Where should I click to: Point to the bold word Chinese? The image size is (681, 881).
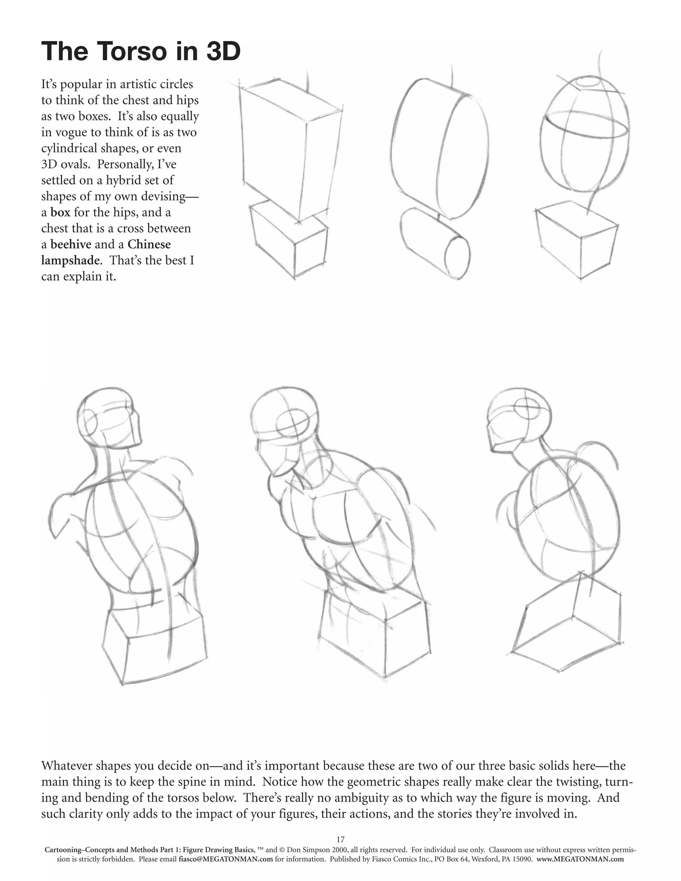pos(149,244)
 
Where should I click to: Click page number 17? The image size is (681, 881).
pos(340,840)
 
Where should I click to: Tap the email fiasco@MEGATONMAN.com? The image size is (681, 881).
pos(226,859)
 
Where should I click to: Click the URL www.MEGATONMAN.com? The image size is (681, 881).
pos(580,859)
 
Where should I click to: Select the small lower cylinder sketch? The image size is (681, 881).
pos(436,244)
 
